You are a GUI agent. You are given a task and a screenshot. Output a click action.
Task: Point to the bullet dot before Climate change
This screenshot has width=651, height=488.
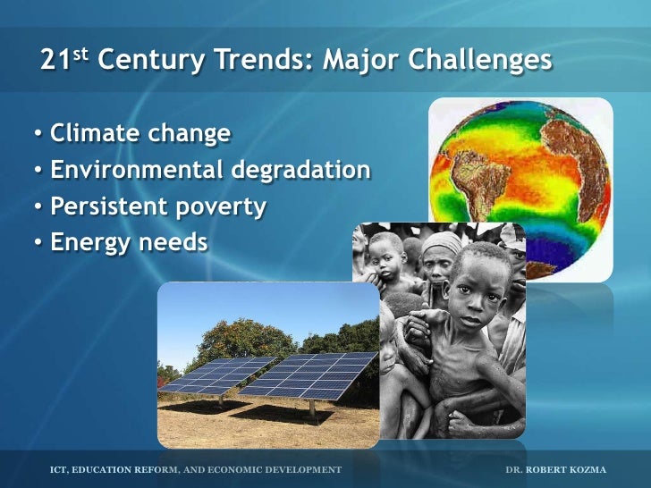pyautogui.click(x=38, y=135)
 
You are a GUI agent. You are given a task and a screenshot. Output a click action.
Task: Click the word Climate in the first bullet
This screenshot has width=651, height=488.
pyautogui.click(x=92, y=134)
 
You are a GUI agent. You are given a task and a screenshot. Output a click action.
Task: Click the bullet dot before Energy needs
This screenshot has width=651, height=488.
pyautogui.click(x=38, y=243)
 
